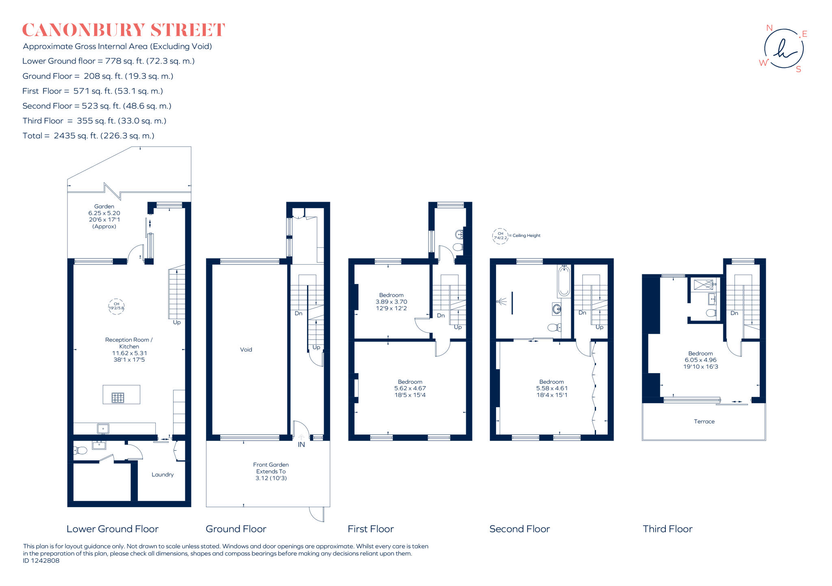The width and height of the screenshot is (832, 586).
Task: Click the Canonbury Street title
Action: tap(123, 30)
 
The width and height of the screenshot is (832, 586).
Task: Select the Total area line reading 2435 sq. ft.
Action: tap(88, 136)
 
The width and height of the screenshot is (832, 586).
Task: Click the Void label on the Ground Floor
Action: tap(246, 349)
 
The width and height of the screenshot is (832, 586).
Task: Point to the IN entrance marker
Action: tap(301, 445)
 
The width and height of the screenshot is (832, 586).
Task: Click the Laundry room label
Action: tap(162, 475)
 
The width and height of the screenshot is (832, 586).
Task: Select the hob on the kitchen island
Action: tap(118, 397)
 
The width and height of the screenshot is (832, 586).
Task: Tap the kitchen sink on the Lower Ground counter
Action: tap(103, 428)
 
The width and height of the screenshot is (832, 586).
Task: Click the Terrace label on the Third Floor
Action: tap(704, 421)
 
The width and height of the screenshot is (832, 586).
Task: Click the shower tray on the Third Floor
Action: tap(703, 284)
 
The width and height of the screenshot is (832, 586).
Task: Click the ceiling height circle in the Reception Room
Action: tap(116, 306)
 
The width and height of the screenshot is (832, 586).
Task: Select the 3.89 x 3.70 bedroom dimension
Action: tap(391, 302)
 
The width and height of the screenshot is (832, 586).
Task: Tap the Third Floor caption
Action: tap(667, 529)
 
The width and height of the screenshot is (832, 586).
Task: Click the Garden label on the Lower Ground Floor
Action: tap(104, 206)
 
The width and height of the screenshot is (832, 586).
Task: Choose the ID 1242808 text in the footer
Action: tap(41, 560)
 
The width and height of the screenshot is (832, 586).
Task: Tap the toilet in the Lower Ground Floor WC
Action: tap(80, 450)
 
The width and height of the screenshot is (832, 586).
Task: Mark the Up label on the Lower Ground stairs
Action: tap(177, 322)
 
